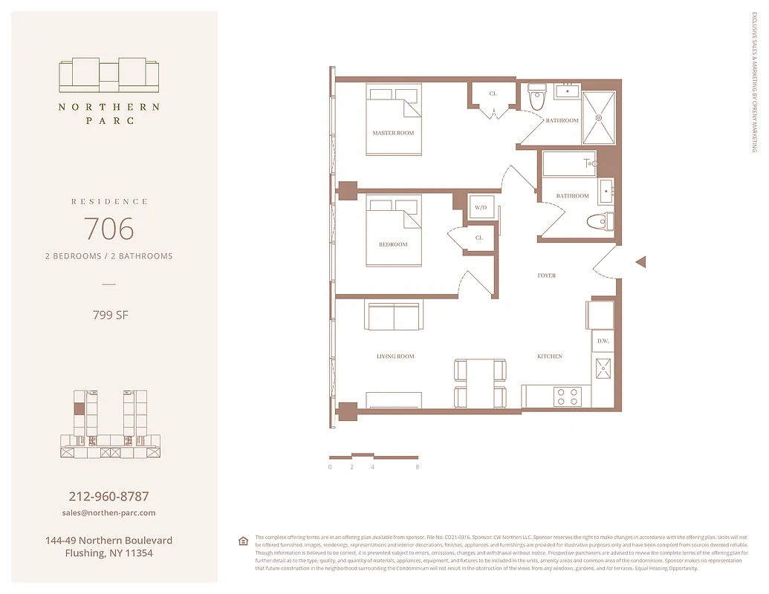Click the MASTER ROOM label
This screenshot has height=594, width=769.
coord(393,133)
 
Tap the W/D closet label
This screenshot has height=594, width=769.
coord(480,208)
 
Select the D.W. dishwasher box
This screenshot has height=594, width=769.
coord(603,341)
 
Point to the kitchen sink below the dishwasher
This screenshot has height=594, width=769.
coord(603,368)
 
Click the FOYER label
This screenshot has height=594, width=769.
coord(547,275)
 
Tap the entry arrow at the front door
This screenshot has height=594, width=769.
coord(641,261)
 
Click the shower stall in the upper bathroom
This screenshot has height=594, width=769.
coord(598,117)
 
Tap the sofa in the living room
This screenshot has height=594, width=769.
coord(393,316)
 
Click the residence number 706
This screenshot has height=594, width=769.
coord(108,229)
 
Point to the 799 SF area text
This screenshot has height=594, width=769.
coord(108,315)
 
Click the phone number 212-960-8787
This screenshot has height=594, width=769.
coord(108,496)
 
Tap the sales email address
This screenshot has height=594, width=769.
coord(108,513)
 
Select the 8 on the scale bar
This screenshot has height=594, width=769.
coord(418,467)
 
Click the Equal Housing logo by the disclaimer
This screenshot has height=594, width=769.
coord(243,541)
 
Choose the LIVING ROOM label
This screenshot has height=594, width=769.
coord(395,356)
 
